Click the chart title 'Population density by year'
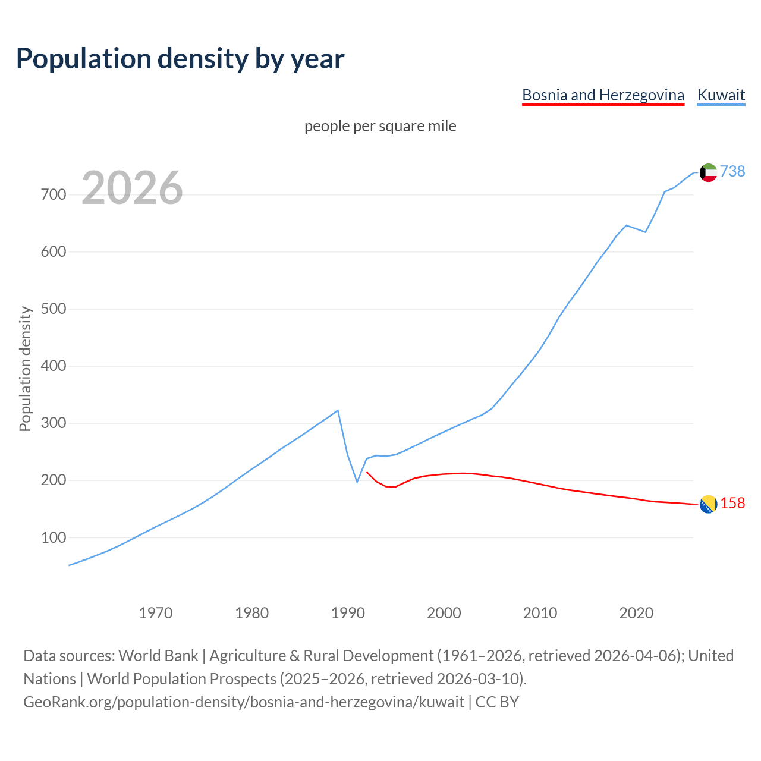tap(180, 58)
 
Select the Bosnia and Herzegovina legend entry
tap(603, 95)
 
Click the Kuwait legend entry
tap(721, 95)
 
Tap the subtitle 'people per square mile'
tap(380, 126)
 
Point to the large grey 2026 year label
tap(132, 188)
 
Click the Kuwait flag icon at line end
tap(708, 172)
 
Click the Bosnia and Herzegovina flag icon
tap(708, 504)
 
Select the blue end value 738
tap(732, 171)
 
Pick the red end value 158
tap(732, 503)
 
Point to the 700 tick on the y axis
tap(54, 195)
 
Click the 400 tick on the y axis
tap(54, 366)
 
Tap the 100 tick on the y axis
tap(54, 537)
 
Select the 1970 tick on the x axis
tap(156, 612)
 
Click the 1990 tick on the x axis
tap(348, 612)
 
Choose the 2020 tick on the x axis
tap(636, 612)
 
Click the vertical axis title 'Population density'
tap(25, 369)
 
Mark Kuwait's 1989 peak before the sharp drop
tap(338, 410)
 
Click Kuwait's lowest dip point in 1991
tap(357, 482)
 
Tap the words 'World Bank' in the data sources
tap(158, 655)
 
